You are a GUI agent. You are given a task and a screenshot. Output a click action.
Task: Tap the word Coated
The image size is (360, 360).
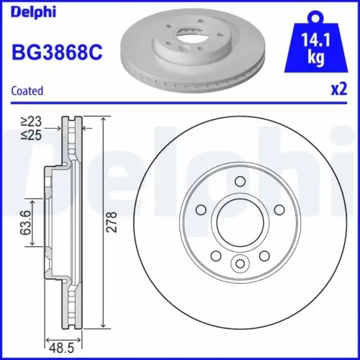(x=27, y=91)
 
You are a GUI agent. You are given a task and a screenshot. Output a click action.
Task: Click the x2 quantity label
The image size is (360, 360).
(x=339, y=90)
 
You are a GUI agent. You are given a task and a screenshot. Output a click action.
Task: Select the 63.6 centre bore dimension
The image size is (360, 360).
(x=25, y=223)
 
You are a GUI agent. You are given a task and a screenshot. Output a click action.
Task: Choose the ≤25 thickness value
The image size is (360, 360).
(x=30, y=134)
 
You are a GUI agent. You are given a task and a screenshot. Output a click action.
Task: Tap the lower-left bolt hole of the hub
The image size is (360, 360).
(x=214, y=256)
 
